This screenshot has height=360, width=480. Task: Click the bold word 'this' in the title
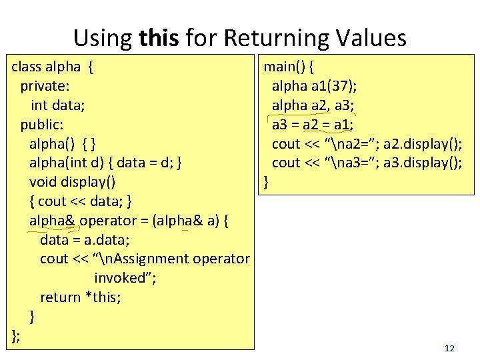159,38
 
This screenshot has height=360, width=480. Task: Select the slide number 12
449,348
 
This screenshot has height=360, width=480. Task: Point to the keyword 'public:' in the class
41,125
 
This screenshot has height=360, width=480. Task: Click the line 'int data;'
58,105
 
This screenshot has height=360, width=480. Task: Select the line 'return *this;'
81,297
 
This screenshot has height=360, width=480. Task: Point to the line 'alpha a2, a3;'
313,105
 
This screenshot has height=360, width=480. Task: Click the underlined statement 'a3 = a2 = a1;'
313,125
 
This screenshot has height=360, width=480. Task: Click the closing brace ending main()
267,182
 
